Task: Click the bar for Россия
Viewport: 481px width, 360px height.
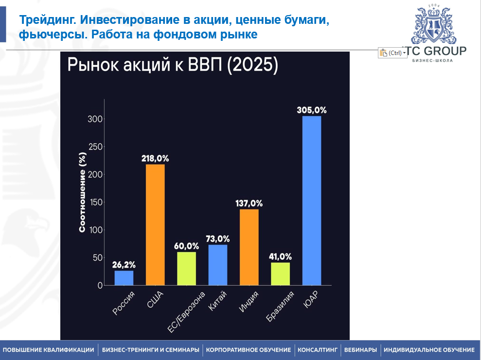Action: [124, 278]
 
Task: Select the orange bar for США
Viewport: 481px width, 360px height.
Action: [155, 225]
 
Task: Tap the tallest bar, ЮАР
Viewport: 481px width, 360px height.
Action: [312, 200]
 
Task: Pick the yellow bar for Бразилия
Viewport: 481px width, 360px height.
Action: [280, 274]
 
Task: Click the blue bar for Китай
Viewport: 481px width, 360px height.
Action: [218, 265]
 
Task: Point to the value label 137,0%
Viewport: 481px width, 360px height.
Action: [249, 203]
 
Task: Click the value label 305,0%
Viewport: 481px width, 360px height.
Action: [312, 110]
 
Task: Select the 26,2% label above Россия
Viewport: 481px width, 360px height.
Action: [124, 265]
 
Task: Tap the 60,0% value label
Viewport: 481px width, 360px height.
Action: [186, 246]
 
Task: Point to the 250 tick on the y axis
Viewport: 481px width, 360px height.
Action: [95, 147]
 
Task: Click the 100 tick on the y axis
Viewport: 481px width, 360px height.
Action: [95, 230]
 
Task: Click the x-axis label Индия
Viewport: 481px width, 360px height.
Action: [248, 302]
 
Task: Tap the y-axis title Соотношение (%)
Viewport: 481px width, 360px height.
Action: [83, 192]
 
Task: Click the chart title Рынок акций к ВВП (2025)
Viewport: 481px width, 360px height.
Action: [173, 65]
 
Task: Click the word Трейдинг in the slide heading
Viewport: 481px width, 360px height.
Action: [47, 20]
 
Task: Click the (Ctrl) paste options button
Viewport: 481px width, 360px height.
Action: [392, 53]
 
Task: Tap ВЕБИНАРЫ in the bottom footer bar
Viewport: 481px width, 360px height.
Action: [360, 350]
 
